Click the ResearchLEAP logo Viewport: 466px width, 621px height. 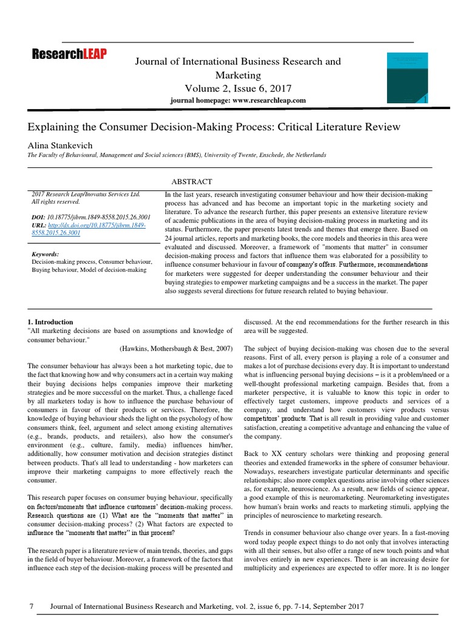point(69,55)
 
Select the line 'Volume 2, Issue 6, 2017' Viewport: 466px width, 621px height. point(238,89)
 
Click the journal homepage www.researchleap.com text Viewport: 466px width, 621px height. point(238,100)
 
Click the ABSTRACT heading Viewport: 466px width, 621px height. point(193,181)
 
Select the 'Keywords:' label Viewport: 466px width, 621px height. point(46,254)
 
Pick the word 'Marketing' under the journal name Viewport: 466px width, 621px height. point(238,75)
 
